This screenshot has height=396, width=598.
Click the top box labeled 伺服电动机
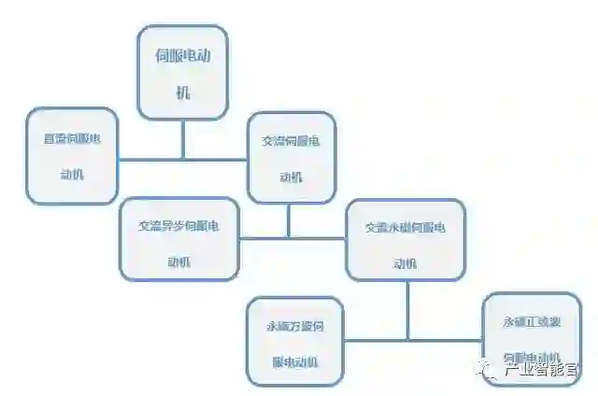pyautogui.click(x=182, y=73)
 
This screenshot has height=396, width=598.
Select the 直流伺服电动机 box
pyautogui.click(x=72, y=156)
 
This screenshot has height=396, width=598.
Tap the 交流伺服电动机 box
pyautogui.click(x=291, y=158)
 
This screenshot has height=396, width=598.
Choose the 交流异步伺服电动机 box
pyautogui.click(x=178, y=242)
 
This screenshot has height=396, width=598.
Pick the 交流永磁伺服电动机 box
pyautogui.click(x=405, y=239)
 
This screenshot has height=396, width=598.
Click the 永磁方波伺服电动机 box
pyautogui.click(x=294, y=341)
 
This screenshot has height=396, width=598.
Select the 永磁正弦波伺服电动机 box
pyautogui.click(x=531, y=338)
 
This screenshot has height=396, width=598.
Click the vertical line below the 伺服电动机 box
pyautogui.click(x=182, y=139)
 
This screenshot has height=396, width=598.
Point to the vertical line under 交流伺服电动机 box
pyautogui.click(x=289, y=220)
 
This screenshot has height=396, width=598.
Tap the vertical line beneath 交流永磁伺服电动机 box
pyautogui.click(x=407, y=309)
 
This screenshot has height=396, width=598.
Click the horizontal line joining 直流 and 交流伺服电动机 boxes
pyautogui.click(x=182, y=159)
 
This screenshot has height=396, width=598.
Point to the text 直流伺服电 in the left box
pyautogui.click(x=72, y=138)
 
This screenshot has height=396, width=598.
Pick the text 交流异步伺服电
pyautogui.click(x=178, y=226)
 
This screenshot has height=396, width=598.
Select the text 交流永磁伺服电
pyautogui.click(x=405, y=227)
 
